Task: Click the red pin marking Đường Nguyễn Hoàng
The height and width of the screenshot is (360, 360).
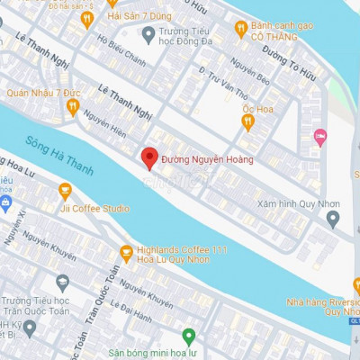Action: (x=151, y=157)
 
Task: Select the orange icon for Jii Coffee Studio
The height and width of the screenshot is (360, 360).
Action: (x=65, y=191)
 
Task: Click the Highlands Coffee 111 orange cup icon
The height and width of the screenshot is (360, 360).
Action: (x=126, y=253)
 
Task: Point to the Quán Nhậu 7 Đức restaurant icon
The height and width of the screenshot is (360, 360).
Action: (x=73, y=106)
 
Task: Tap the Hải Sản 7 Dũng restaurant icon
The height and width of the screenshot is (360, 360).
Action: (x=87, y=17)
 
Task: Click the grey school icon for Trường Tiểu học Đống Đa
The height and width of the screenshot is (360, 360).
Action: (x=149, y=34)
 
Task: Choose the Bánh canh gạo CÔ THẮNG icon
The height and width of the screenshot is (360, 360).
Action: (x=240, y=29)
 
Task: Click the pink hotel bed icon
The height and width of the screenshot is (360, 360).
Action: (x=320, y=136)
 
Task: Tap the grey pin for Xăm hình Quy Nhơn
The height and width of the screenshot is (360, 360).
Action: (x=333, y=218)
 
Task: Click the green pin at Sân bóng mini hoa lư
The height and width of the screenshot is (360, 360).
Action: (x=189, y=337)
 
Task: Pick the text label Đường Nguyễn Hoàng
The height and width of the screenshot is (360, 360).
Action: (x=207, y=159)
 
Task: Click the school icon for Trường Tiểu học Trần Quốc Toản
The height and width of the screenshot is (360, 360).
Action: (x=62, y=282)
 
